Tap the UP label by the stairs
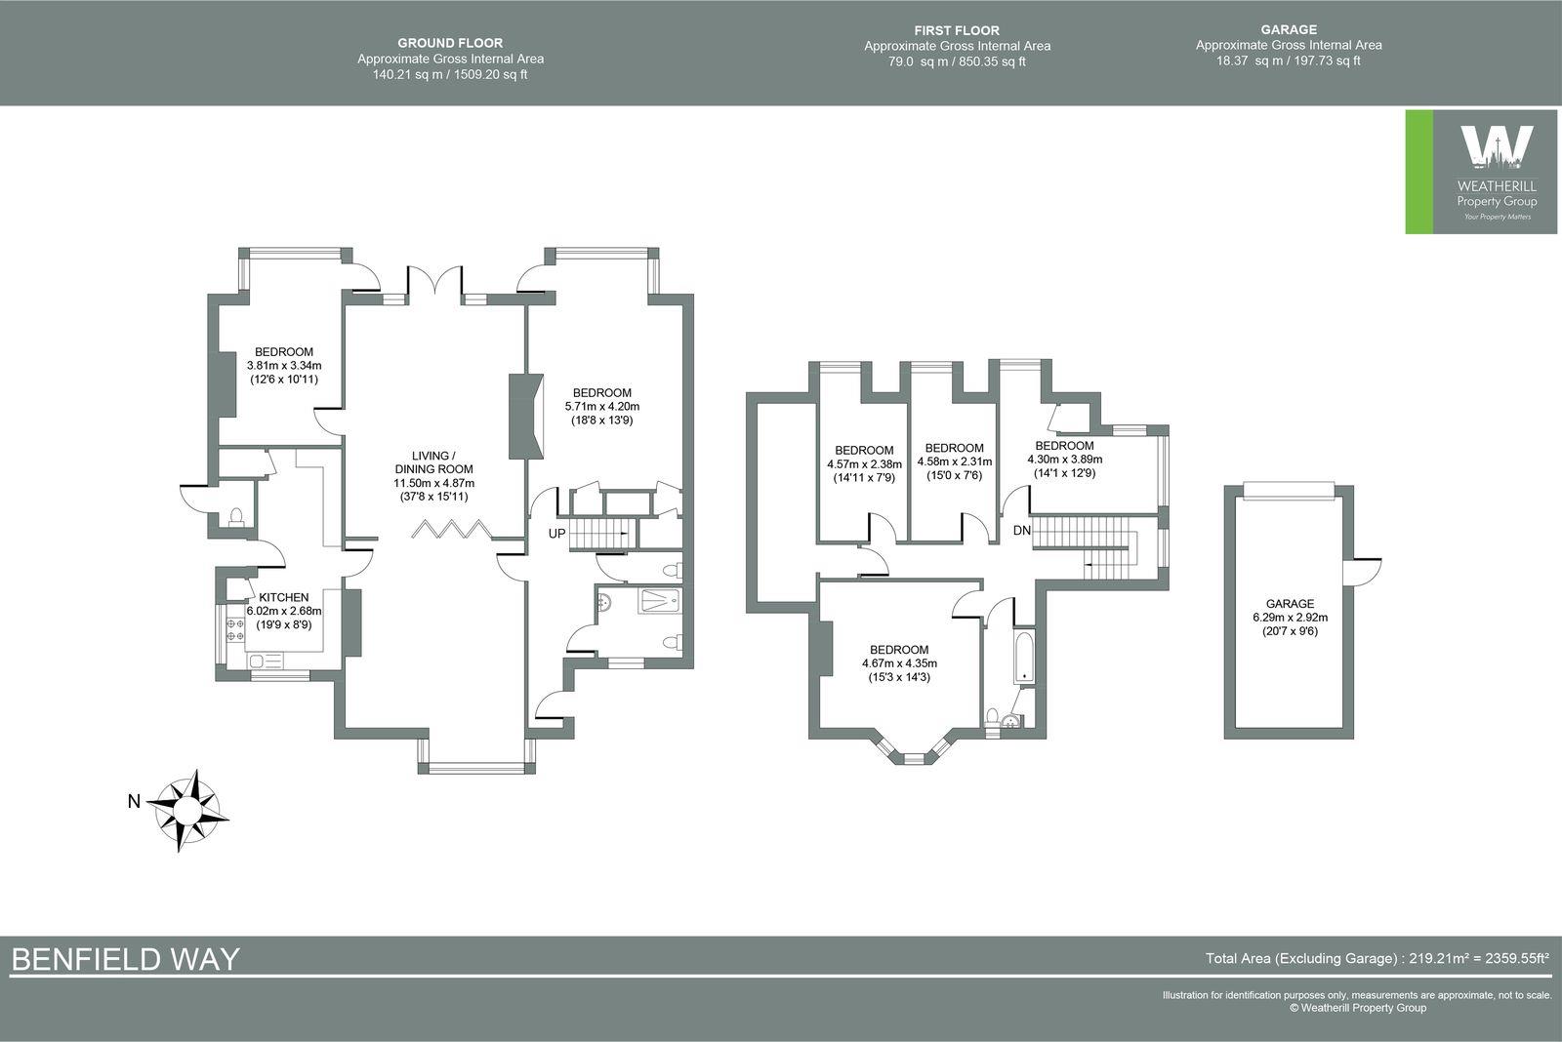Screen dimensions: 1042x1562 pos(556,534)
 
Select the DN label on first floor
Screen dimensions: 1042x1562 pos(1022,531)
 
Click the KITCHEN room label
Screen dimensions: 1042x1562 pos(283,597)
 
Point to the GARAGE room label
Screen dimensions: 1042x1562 pos(1290,604)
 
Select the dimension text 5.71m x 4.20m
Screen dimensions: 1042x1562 pos(602,407)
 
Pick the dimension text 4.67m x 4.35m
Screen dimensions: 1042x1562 pos(899,663)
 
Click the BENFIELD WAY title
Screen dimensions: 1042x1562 pos(125,958)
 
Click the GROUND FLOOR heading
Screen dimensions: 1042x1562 pos(450,43)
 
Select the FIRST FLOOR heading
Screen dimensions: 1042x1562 pos(957,30)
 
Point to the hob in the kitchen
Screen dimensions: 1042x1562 pos(235,629)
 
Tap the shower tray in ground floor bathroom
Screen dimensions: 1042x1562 pos(661,601)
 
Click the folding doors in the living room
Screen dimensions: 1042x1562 pos(448,530)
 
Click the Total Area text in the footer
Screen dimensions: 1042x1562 pos(1377,958)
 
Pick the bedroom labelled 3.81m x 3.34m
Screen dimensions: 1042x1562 pos(284,366)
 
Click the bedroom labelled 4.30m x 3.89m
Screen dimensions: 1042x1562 pos(1064,460)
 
